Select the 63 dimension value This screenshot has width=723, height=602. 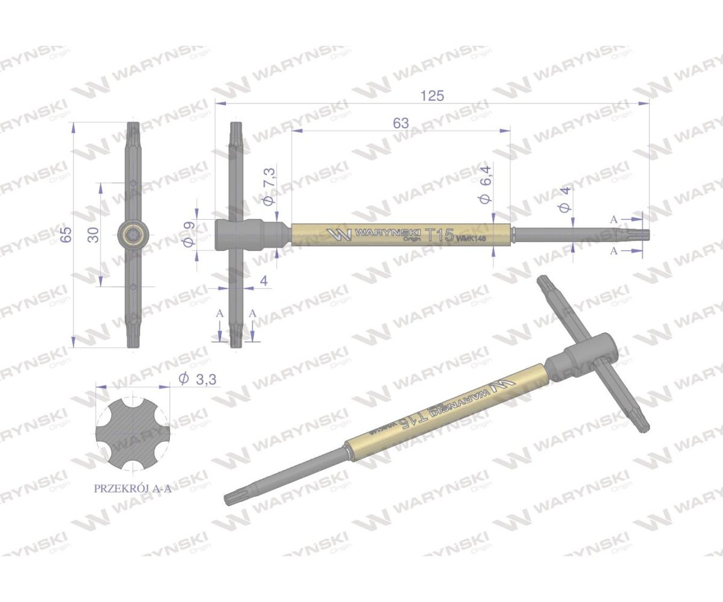click(x=401, y=123)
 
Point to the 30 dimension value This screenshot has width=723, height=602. click(x=93, y=235)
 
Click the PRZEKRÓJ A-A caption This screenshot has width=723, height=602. click(x=133, y=489)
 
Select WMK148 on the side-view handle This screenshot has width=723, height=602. click(x=471, y=238)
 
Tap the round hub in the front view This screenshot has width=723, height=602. click(x=133, y=234)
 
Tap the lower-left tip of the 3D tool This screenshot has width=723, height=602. click(x=231, y=498)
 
